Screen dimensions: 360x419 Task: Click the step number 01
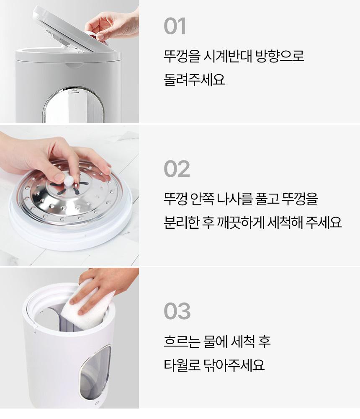(x=175, y=26)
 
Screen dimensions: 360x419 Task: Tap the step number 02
(x=177, y=168)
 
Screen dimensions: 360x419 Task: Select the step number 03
(x=177, y=311)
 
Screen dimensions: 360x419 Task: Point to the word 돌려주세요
(x=194, y=79)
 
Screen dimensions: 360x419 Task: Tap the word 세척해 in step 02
(x=285, y=222)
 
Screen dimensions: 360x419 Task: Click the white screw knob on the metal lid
(x=68, y=180)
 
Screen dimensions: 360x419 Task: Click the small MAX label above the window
(x=74, y=91)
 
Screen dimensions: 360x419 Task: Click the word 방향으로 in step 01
(x=280, y=56)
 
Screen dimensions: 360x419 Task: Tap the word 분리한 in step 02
(x=181, y=222)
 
